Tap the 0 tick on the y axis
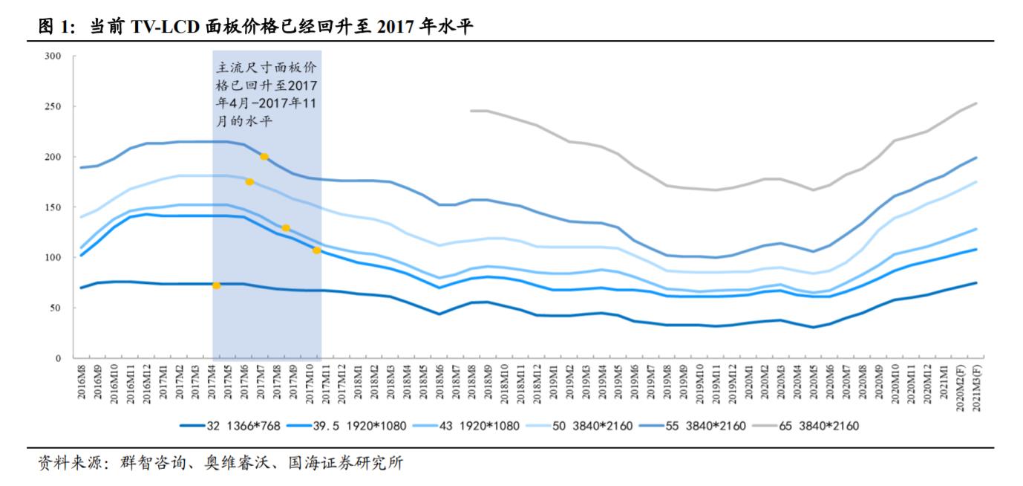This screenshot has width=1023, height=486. click(57, 358)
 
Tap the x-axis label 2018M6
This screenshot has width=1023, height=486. click(439, 383)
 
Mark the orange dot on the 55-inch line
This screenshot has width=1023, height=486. click(264, 157)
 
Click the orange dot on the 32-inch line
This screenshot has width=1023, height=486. click(216, 285)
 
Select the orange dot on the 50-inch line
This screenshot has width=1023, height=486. click(249, 181)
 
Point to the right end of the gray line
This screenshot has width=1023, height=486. click(975, 103)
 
